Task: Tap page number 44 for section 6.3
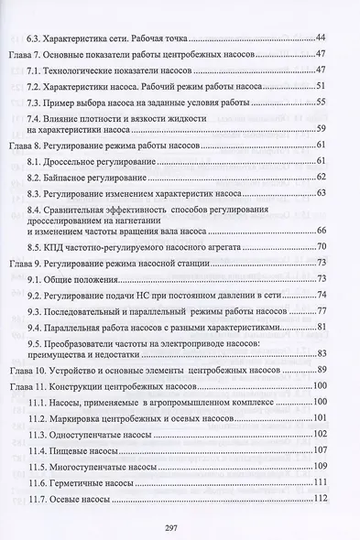[321, 37]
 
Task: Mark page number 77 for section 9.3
[322, 310]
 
